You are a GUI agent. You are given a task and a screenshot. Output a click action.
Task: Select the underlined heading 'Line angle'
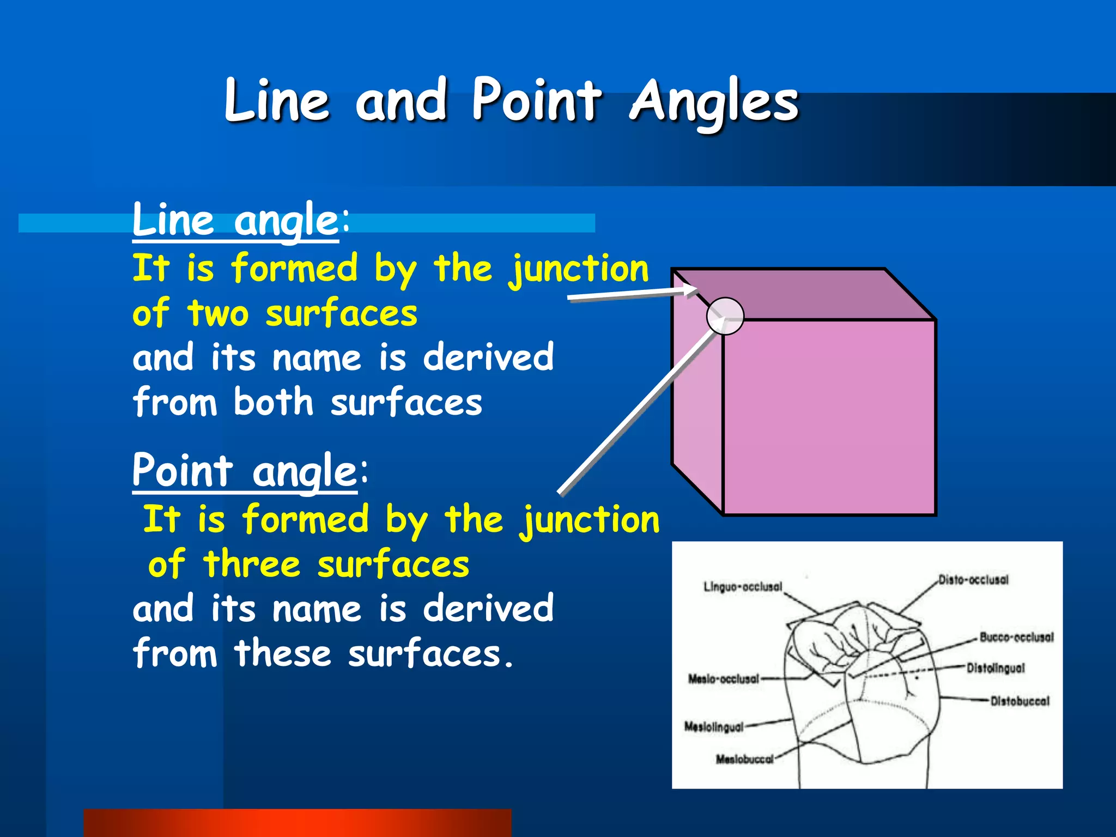point(235,220)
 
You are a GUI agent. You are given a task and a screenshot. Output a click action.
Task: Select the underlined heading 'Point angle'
point(245,471)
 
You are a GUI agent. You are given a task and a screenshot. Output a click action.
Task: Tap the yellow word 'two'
point(218,314)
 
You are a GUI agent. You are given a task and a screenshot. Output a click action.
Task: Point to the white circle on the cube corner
point(725,316)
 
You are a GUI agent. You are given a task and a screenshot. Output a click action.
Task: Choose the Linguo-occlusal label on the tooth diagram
point(743,587)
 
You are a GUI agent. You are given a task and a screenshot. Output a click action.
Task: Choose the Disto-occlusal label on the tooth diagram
point(973,580)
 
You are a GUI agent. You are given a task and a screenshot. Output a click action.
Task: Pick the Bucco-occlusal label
point(1016,637)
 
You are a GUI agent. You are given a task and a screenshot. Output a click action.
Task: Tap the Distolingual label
point(996,668)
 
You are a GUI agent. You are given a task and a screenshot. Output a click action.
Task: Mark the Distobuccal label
point(1020,701)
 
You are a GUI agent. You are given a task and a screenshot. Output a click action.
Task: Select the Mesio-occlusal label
point(724,679)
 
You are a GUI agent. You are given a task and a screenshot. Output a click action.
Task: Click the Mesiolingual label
point(714,727)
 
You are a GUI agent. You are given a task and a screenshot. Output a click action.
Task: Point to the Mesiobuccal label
point(744,759)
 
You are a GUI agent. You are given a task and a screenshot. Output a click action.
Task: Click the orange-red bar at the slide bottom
point(298,823)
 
